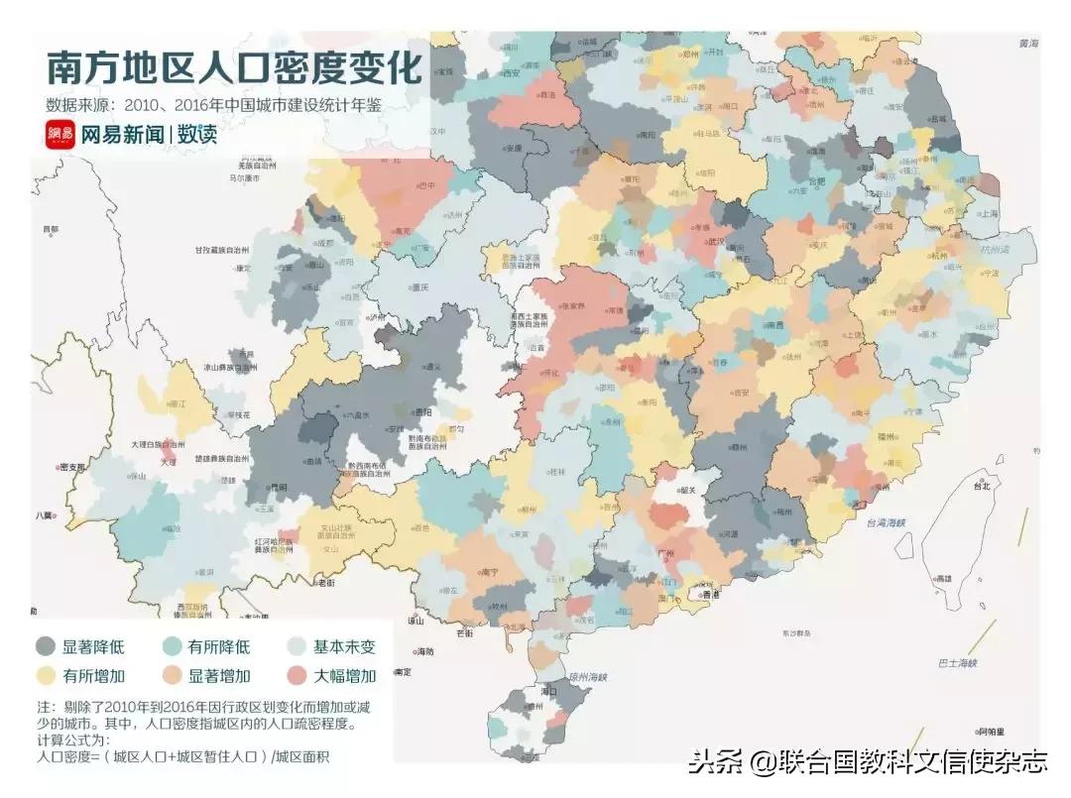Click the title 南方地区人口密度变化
tap(234, 68)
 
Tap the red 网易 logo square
tap(60, 135)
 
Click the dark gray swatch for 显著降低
tap(46, 647)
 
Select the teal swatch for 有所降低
tap(172, 647)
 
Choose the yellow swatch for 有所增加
tap(46, 676)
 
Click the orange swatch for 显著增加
tap(172, 676)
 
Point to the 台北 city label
tap(981, 487)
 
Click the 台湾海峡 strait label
tap(887, 522)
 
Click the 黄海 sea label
tap(1027, 45)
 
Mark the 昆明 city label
tap(279, 488)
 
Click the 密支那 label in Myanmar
tap(71, 467)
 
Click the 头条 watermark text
tap(716, 762)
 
